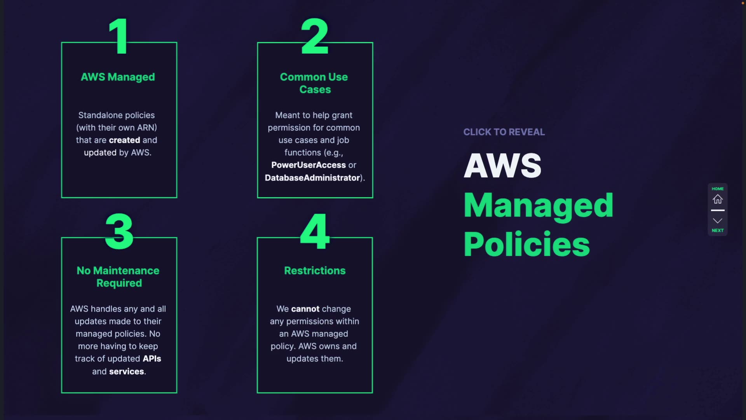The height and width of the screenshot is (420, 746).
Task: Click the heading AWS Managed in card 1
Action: click(x=118, y=77)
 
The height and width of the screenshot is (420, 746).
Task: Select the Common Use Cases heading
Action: click(x=314, y=83)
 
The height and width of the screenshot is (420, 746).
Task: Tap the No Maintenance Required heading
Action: click(x=118, y=277)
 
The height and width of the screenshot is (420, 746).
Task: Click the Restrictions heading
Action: click(x=315, y=271)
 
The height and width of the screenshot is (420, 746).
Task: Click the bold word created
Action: click(x=124, y=140)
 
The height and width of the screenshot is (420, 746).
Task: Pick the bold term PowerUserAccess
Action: click(x=308, y=165)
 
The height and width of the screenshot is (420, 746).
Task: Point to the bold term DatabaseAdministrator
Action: click(x=312, y=178)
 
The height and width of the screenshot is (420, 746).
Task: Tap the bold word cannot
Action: click(x=305, y=309)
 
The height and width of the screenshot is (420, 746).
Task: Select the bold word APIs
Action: click(x=152, y=359)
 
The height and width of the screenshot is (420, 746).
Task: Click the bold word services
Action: click(x=127, y=371)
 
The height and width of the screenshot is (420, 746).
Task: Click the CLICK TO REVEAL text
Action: click(x=504, y=132)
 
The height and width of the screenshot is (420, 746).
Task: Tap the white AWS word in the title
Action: click(x=502, y=166)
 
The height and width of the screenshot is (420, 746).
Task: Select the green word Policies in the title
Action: click(x=526, y=244)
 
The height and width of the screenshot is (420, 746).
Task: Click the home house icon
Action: click(x=717, y=199)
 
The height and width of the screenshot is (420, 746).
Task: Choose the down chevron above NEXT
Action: click(x=717, y=221)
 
